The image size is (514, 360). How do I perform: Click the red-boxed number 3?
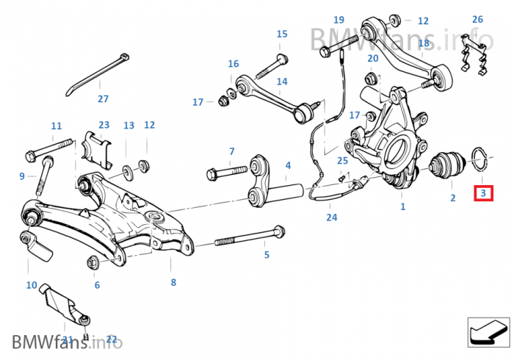[x=483, y=193]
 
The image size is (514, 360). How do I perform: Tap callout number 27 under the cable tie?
[x=103, y=99]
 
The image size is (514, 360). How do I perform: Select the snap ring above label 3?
[x=479, y=156]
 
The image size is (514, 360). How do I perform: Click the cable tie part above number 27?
[x=95, y=71]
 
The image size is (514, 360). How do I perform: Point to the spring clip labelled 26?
[x=474, y=54]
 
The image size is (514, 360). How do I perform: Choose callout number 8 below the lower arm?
[x=173, y=282]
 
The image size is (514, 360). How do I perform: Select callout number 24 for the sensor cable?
[x=332, y=217]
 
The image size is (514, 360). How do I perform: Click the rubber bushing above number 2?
[x=447, y=165]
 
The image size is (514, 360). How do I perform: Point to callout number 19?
[x=339, y=20]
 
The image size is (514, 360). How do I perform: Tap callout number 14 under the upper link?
[x=282, y=82]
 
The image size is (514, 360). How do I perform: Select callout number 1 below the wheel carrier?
[x=402, y=207]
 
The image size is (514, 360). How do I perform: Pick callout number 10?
[x=32, y=284]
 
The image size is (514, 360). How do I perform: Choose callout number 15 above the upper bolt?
[x=282, y=34]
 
